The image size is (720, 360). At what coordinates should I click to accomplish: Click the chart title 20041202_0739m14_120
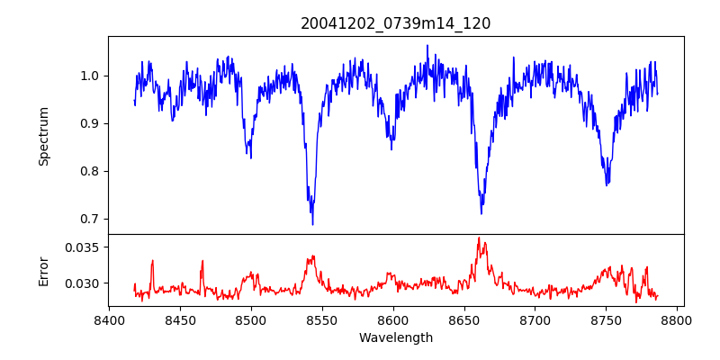tap(396, 23)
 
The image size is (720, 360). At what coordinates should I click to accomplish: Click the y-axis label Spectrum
tap(43, 136)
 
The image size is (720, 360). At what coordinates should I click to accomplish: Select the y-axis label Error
tap(43, 270)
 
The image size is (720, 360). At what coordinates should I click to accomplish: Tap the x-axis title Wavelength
tap(396, 338)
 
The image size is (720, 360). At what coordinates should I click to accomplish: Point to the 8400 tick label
tap(109, 319)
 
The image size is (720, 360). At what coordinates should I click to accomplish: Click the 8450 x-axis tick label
tap(180, 319)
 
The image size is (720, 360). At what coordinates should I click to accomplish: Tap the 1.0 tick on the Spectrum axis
tap(91, 76)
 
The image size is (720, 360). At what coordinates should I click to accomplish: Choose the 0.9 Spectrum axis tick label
tap(91, 123)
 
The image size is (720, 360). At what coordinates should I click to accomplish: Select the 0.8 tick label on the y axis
tap(91, 171)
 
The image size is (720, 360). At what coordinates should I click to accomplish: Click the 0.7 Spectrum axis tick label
tap(91, 219)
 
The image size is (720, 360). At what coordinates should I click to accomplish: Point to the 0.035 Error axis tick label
tap(85, 247)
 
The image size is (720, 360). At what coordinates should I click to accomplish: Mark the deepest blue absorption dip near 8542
tap(312, 223)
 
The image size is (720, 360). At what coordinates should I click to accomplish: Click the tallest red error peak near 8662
tap(479, 238)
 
